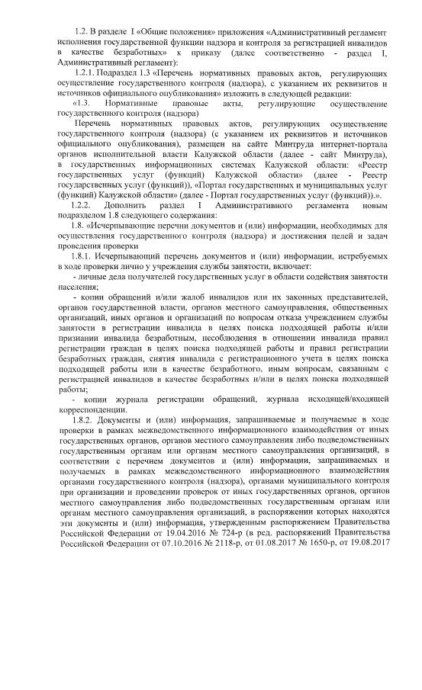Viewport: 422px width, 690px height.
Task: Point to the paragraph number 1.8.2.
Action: [x=85, y=419]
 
